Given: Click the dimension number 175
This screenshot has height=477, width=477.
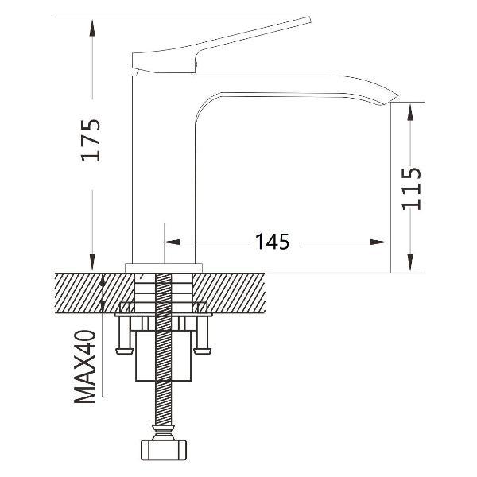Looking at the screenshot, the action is point(91,140).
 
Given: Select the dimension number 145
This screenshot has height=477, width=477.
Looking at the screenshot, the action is point(272,242).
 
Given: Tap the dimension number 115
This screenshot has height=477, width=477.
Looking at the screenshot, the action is point(411,189).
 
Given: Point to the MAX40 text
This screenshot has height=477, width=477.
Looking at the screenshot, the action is point(85,366).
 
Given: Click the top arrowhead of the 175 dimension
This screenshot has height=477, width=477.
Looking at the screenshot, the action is point(92,28).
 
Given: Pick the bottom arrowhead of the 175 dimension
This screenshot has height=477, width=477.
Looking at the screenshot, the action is point(92,262).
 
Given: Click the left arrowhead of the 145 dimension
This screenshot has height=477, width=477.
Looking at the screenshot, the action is point(172,242).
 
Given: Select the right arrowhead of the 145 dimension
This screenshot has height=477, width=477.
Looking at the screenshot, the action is point(378,242).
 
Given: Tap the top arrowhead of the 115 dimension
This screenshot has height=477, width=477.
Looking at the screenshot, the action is point(410,113).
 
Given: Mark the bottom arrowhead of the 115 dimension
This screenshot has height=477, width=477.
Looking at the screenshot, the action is point(410,262).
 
